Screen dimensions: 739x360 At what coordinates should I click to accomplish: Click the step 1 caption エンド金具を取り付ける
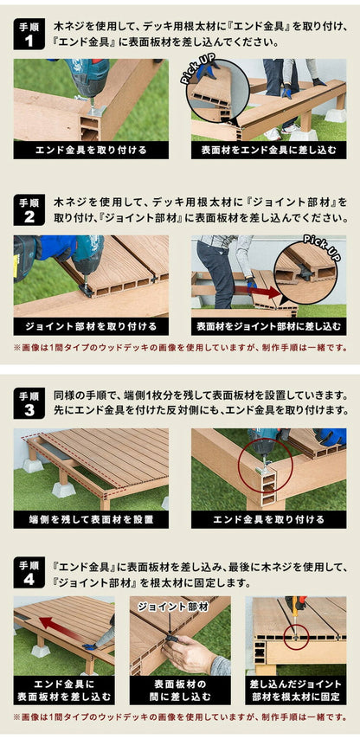91,150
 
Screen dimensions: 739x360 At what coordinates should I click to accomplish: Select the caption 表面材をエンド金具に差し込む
268,150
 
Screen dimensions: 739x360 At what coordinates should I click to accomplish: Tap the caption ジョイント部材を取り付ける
91,326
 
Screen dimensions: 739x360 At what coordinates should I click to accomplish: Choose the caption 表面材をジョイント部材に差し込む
268,326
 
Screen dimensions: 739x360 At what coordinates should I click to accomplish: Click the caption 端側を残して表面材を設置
91,519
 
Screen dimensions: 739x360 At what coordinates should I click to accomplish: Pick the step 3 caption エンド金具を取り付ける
268,519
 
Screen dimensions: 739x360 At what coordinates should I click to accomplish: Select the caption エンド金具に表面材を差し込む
64,690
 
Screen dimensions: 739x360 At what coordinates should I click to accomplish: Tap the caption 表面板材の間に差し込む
180,690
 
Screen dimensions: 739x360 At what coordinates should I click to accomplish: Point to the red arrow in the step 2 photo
260,292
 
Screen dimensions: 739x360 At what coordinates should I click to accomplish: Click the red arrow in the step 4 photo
55,624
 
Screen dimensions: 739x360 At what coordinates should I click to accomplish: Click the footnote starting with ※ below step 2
180,348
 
